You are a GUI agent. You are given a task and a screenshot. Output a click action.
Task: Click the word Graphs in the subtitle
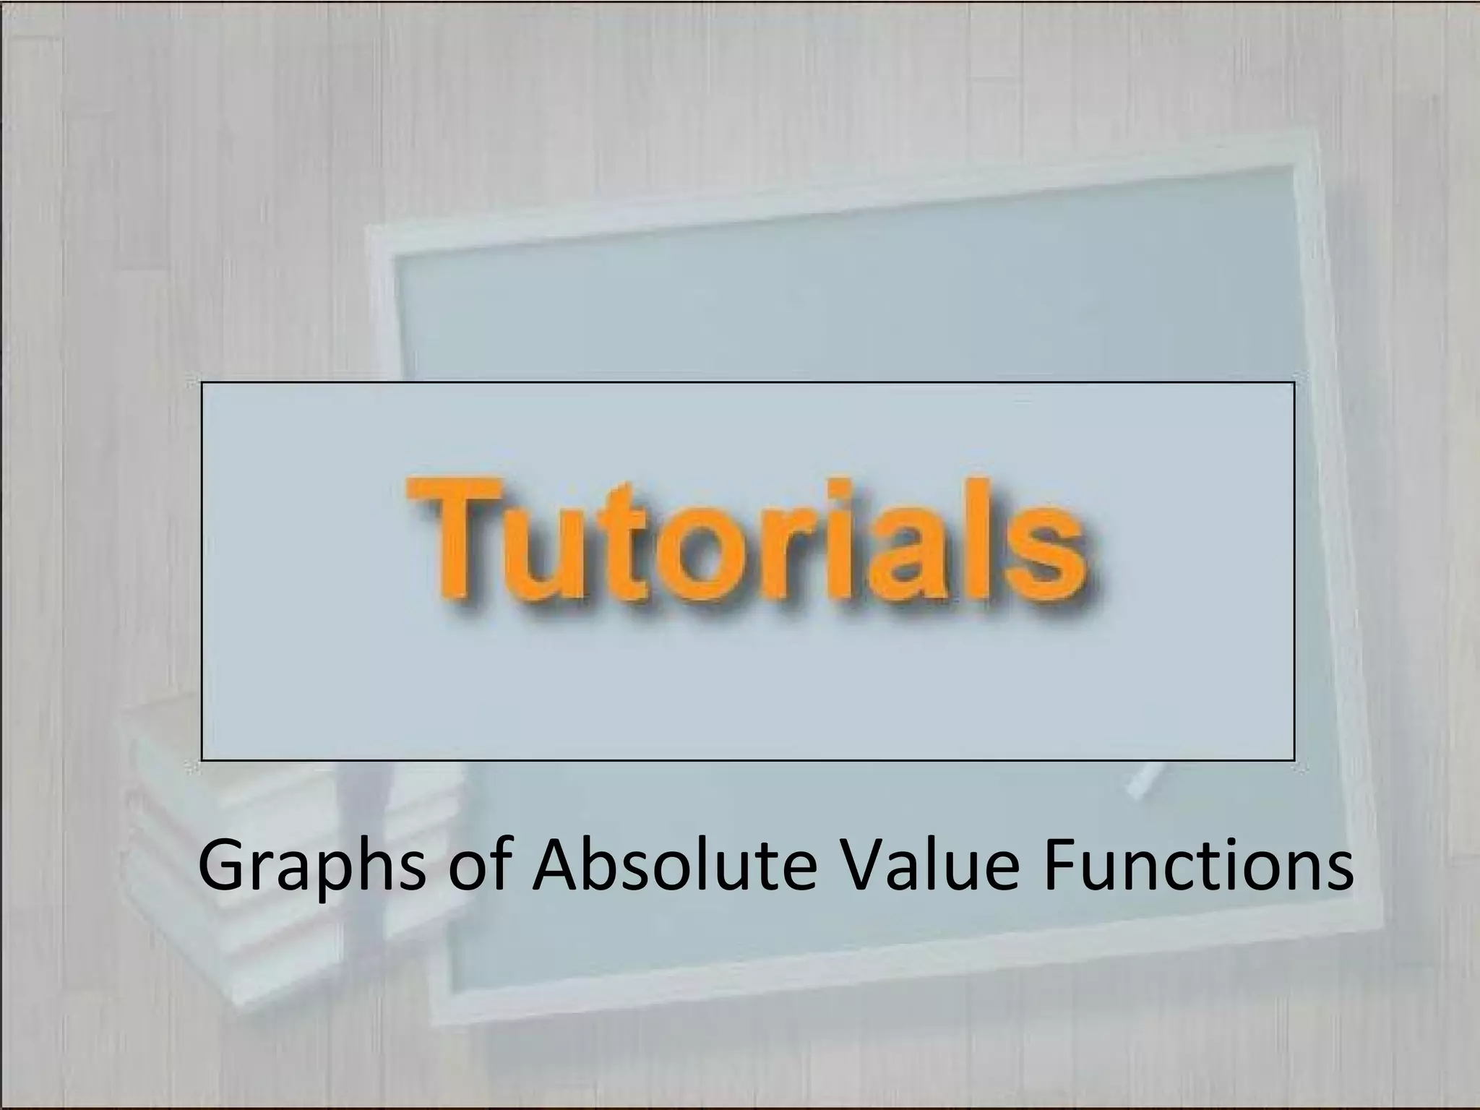pyautogui.click(x=311, y=867)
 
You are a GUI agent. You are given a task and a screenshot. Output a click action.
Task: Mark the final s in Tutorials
pyautogui.click(x=1048, y=564)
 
